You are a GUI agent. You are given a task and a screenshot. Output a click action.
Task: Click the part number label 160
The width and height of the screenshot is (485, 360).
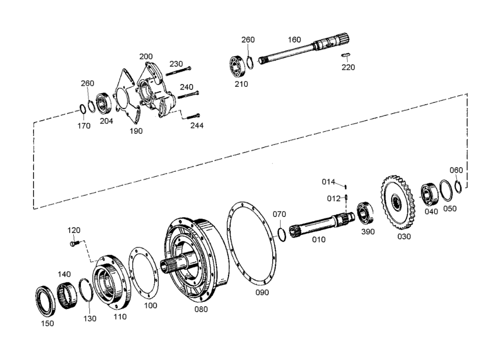(x=294, y=39)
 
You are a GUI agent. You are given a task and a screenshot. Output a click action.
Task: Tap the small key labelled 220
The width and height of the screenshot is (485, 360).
(x=347, y=55)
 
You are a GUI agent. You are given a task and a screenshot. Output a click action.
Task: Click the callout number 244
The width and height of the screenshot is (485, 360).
(x=197, y=125)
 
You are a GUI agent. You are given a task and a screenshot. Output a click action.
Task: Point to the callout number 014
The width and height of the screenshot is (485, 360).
(x=329, y=182)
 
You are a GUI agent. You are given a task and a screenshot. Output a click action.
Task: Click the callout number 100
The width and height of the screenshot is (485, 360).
(x=151, y=306)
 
